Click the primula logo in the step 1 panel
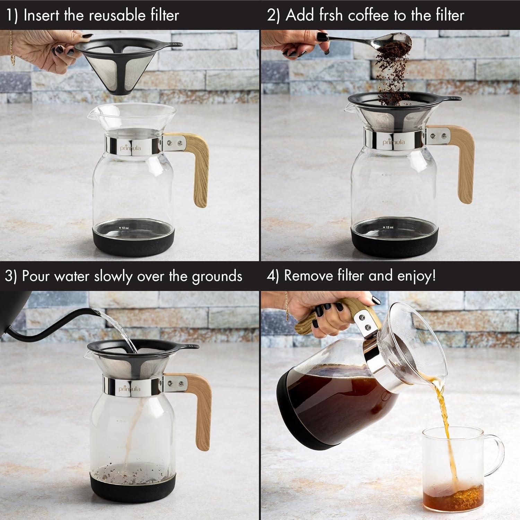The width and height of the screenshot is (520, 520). coord(130,148)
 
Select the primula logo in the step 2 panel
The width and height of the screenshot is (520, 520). coord(393,142)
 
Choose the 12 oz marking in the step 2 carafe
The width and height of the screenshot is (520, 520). coord(389,227)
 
